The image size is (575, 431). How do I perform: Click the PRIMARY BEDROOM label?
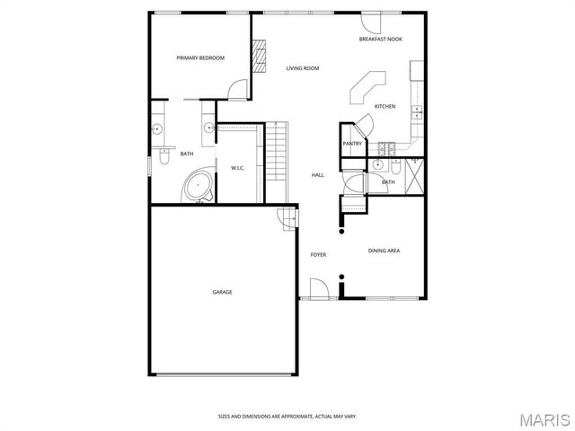point(200,57)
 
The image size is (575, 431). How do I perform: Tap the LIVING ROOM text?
point(303,68)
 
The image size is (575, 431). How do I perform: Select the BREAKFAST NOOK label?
point(380,40)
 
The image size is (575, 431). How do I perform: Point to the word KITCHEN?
point(385,106)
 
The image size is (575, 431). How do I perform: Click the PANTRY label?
point(352,144)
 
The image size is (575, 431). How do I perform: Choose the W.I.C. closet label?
point(238,168)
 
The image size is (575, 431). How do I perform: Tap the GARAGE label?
point(222,292)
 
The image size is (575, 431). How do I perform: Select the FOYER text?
point(318,255)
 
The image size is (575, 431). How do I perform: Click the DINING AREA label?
point(384,251)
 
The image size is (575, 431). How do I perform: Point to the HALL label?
point(318,174)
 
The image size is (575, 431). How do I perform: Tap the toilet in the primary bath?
point(163,157)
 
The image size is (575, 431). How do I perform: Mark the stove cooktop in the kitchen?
point(387,146)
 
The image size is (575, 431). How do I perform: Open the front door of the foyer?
point(317,289)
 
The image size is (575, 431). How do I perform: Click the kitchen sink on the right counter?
point(417,111)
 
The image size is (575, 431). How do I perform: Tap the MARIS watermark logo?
point(544,418)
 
